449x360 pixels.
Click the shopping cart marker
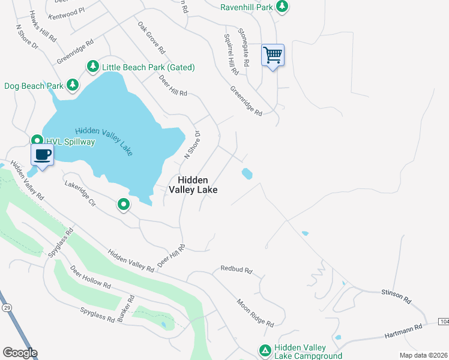point(273,56)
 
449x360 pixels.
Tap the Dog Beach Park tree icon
point(73,85)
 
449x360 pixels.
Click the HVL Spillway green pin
point(36,141)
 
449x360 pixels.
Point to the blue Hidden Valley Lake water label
point(104,142)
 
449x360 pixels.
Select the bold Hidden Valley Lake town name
point(193,185)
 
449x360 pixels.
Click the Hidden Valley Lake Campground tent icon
point(265,350)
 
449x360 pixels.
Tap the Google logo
point(20,353)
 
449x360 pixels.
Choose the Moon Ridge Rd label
point(255,313)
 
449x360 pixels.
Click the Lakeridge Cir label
point(80,194)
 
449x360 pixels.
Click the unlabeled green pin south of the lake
point(124,205)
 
